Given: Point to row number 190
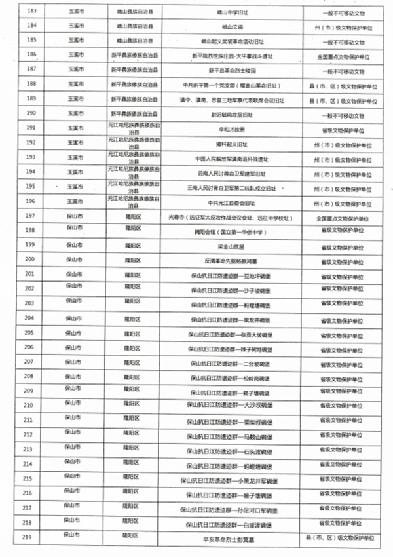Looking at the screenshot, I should pos(30,113).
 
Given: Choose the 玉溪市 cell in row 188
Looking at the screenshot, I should pos(74,85).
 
